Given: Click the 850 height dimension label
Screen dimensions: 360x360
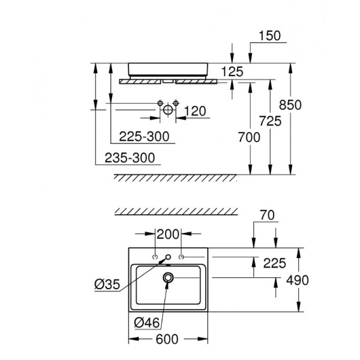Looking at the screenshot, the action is click(290, 105).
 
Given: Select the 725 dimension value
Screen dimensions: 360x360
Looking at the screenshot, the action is click(270, 121).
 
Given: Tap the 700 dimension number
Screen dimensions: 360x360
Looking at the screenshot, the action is click(249, 137).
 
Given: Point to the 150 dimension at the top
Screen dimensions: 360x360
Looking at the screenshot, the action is click(270, 35).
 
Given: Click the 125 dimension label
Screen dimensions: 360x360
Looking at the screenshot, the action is click(232, 71).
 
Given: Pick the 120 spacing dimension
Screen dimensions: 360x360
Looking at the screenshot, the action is click(195, 111).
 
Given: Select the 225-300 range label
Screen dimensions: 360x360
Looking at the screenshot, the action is click(144, 136).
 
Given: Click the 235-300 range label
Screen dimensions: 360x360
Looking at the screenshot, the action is click(130, 158).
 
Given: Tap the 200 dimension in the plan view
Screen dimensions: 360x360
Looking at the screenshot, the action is click(168, 235).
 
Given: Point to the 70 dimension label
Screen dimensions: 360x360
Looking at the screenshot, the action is click(267, 215).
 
